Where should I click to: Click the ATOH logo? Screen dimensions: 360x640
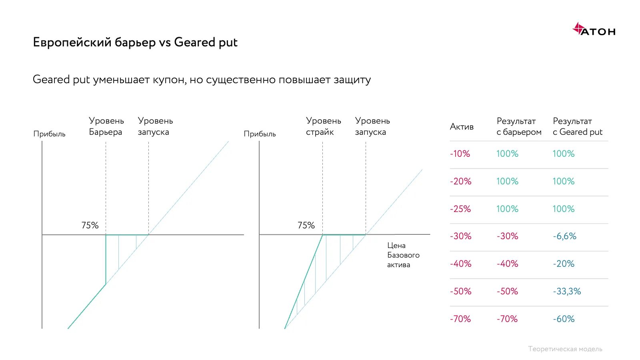pyautogui.click(x=594, y=30)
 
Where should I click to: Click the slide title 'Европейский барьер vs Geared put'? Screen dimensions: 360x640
pyautogui.click(x=135, y=42)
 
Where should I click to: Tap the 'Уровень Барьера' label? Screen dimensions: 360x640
pyautogui.click(x=106, y=126)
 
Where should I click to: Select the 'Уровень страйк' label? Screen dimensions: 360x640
pyautogui.click(x=323, y=126)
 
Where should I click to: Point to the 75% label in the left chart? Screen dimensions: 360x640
pyautogui.click(x=90, y=225)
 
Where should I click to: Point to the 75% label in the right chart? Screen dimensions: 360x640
pyautogui.click(x=306, y=225)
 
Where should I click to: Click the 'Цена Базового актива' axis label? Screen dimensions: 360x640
pyautogui.click(x=403, y=255)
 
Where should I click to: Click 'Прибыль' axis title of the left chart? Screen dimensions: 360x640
pyautogui.click(x=49, y=134)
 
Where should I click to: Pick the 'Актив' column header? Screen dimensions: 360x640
pyautogui.click(x=462, y=127)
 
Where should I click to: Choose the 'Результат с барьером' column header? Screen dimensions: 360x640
pyautogui.click(x=519, y=126)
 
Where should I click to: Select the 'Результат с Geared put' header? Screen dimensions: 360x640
pyautogui.click(x=577, y=126)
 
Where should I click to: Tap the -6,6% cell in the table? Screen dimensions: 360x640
pyautogui.click(x=564, y=236)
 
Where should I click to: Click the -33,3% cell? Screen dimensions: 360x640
pyautogui.click(x=567, y=291)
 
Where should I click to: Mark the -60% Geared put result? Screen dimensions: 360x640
pyautogui.click(x=564, y=319)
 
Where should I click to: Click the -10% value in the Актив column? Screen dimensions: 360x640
pyautogui.click(x=460, y=154)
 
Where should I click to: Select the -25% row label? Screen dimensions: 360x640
pyautogui.click(x=460, y=209)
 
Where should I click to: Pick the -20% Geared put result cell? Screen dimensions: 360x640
pyautogui.click(x=564, y=264)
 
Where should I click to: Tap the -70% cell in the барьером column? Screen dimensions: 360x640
pyautogui.click(x=507, y=319)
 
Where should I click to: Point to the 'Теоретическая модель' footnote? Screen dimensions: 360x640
pyautogui.click(x=565, y=349)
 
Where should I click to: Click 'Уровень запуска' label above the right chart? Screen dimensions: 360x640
pyautogui.click(x=372, y=126)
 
